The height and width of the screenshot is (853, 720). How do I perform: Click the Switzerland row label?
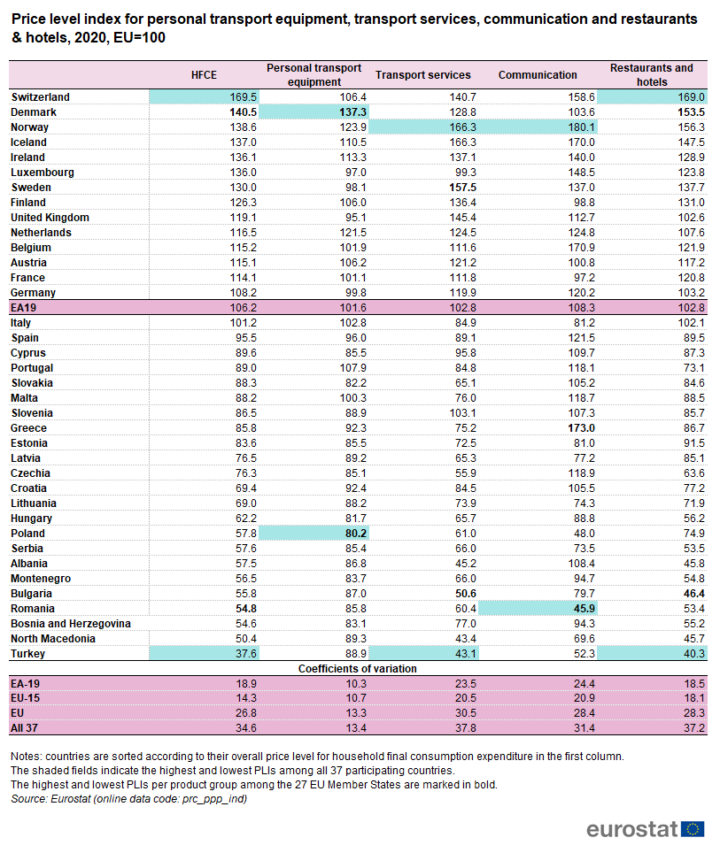(x=40, y=97)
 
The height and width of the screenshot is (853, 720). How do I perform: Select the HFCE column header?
(x=204, y=75)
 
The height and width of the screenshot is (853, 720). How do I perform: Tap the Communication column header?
(x=538, y=75)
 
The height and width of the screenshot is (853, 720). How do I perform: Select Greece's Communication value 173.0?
(x=581, y=428)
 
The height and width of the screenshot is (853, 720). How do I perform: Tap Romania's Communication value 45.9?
(x=584, y=609)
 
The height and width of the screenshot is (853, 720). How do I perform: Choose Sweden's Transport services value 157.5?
(x=462, y=188)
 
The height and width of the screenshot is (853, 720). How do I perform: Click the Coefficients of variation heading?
(x=360, y=669)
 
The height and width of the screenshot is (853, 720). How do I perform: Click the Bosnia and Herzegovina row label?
(x=71, y=624)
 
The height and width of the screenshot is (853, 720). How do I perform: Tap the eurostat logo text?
(x=631, y=829)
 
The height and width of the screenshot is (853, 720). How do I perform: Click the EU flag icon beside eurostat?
(x=693, y=829)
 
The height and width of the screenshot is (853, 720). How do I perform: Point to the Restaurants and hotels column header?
(x=652, y=75)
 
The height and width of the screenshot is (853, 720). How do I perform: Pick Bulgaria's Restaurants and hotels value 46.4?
(x=693, y=594)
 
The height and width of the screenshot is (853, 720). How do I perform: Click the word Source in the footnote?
(x=28, y=799)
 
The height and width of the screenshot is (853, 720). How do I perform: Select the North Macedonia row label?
(x=54, y=639)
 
